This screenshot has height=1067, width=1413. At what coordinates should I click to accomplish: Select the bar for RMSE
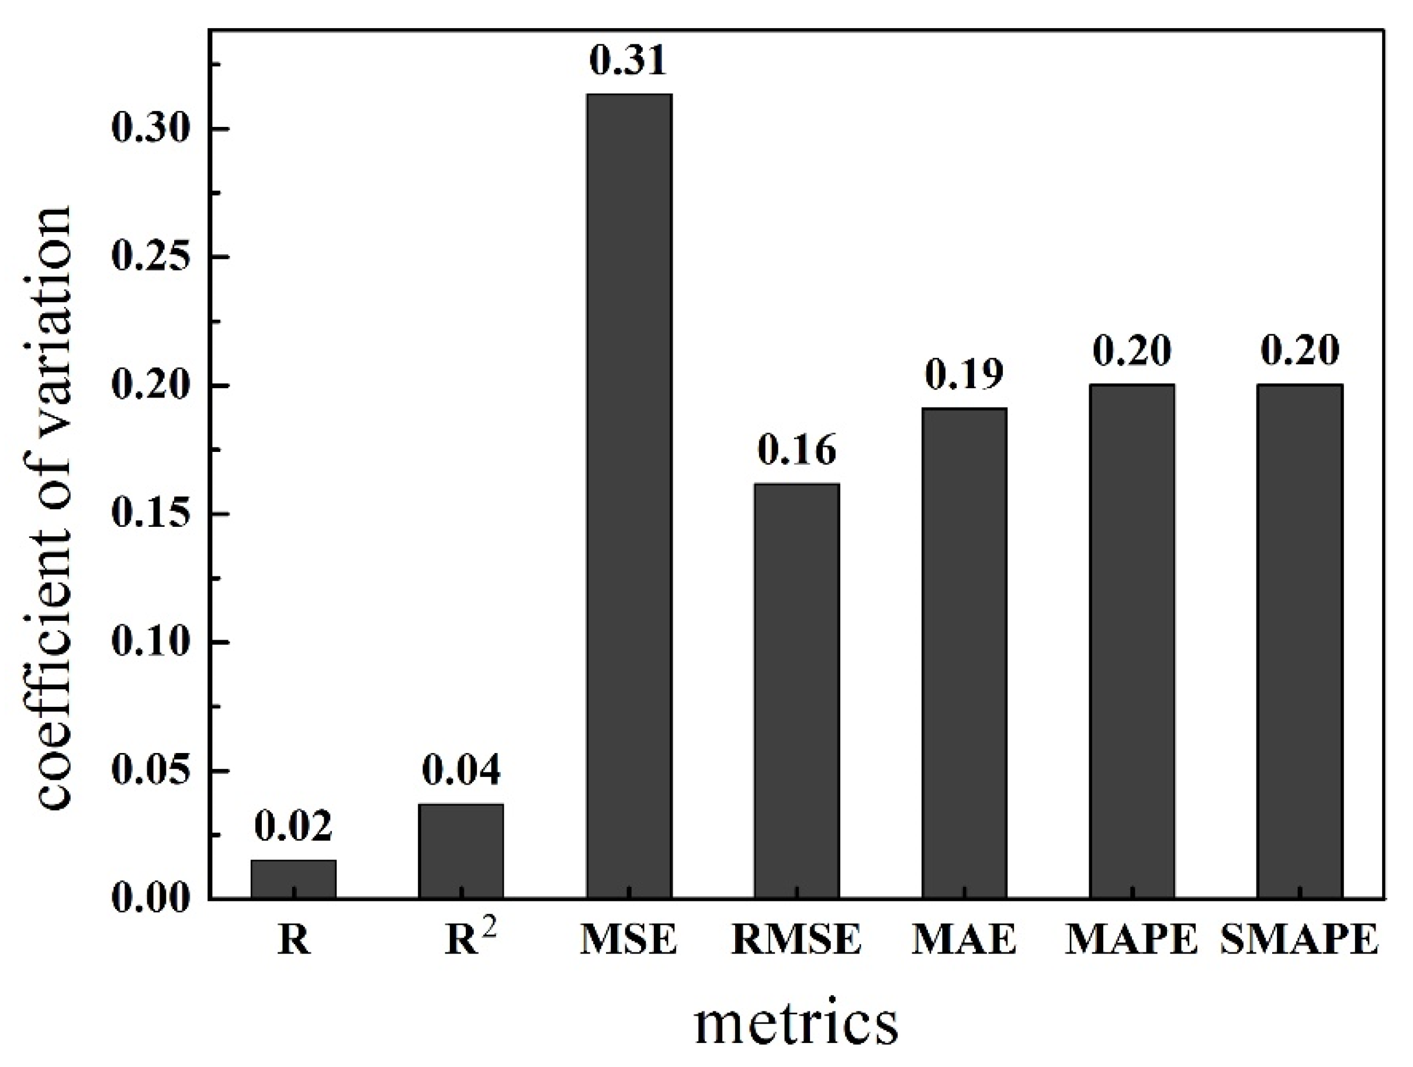796,690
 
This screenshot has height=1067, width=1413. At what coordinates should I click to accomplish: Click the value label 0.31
628,61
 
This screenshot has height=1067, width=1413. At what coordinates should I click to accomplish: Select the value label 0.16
796,450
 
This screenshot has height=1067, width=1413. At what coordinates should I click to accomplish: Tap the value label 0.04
461,771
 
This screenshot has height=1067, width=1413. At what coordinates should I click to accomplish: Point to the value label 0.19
965,374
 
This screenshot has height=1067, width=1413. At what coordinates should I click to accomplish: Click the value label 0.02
293,827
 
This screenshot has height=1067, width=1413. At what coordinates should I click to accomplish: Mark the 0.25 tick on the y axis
152,257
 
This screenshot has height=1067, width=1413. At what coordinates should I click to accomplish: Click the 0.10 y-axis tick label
152,642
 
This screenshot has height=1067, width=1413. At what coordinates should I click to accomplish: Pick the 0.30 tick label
152,129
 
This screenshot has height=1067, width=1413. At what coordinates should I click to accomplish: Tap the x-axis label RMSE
796,940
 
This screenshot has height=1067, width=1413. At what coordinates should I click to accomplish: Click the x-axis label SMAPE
1299,940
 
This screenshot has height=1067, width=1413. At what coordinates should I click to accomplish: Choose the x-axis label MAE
965,940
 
